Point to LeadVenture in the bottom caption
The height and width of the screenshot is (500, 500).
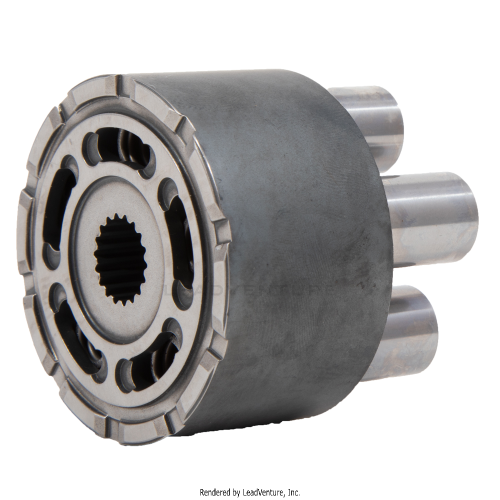click(264, 492)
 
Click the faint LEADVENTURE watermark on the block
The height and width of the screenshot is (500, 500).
click(250, 290)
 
